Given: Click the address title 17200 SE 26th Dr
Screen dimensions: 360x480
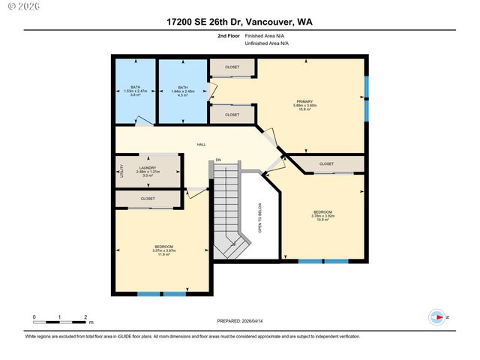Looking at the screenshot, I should pyautogui.click(x=239, y=22).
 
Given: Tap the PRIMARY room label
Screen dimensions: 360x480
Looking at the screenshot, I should pyautogui.click(x=304, y=101).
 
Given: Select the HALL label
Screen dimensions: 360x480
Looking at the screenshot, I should pyautogui.click(x=201, y=145).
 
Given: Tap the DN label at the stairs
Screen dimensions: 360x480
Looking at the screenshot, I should pyautogui.click(x=218, y=160).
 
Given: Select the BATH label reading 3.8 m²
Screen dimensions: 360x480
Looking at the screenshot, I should pyautogui.click(x=135, y=87).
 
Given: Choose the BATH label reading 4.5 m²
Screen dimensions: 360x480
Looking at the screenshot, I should pyautogui.click(x=182, y=87).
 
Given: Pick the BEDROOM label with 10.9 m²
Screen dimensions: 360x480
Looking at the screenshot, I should pyautogui.click(x=322, y=212).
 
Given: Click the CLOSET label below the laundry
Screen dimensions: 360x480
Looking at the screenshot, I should pyautogui.click(x=147, y=199).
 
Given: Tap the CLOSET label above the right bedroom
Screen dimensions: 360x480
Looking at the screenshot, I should pyautogui.click(x=326, y=163).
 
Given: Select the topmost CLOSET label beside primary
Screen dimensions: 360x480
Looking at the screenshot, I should pyautogui.click(x=232, y=67).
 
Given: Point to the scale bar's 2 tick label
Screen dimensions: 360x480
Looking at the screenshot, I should pyautogui.click(x=86, y=316).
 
